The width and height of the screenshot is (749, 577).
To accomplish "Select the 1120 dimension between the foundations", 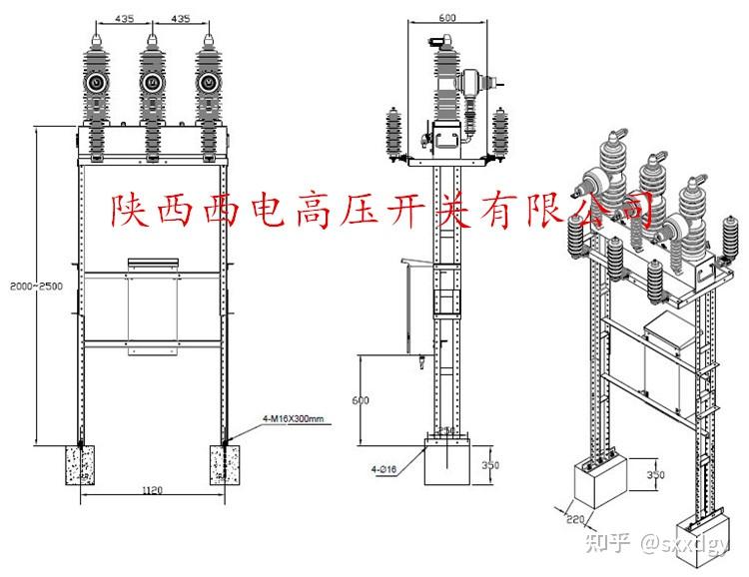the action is [x=153, y=490].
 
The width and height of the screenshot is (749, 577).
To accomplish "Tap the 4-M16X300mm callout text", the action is [x=295, y=421].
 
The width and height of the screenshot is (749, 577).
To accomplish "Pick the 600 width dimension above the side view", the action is [x=446, y=17].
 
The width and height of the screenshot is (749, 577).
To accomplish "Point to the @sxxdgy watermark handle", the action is [x=689, y=543].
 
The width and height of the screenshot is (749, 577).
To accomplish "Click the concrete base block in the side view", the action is [x=447, y=461].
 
